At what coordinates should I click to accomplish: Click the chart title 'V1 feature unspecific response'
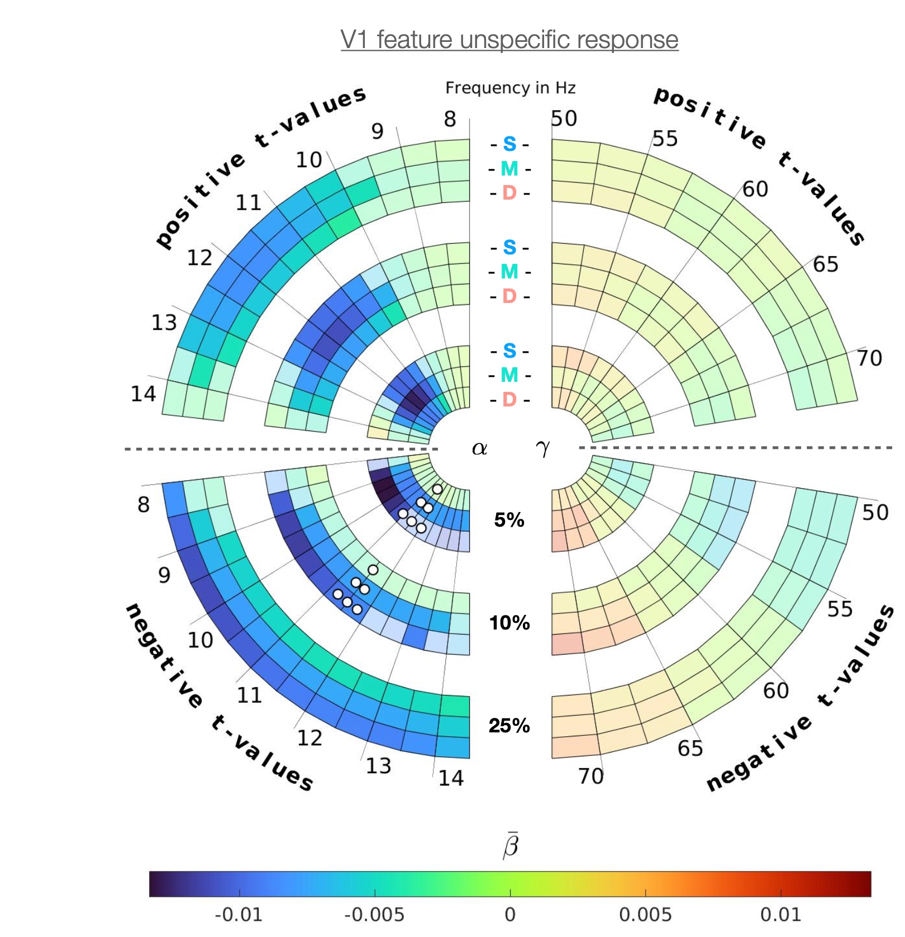509,40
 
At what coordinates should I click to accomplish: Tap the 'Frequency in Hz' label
510,88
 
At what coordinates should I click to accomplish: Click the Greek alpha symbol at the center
479,448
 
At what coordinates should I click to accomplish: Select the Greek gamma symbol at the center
542,447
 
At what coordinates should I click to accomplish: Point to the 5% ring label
509,520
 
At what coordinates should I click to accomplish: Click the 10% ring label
509,623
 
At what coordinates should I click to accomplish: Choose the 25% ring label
509,726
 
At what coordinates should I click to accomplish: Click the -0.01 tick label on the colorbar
239,915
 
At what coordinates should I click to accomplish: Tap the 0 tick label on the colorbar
509,915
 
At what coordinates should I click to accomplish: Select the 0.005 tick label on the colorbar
645,915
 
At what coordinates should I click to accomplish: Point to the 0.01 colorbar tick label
780,915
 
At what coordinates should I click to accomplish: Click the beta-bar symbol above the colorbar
511,845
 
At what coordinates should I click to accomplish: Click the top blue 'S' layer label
509,144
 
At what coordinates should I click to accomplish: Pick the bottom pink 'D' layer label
509,400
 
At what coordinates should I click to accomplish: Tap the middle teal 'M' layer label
509,272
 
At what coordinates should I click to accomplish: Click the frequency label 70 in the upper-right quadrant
869,358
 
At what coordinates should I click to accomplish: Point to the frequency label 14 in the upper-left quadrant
143,394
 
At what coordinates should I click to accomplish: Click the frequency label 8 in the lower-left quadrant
144,505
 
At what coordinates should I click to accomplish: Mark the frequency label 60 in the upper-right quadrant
755,190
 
